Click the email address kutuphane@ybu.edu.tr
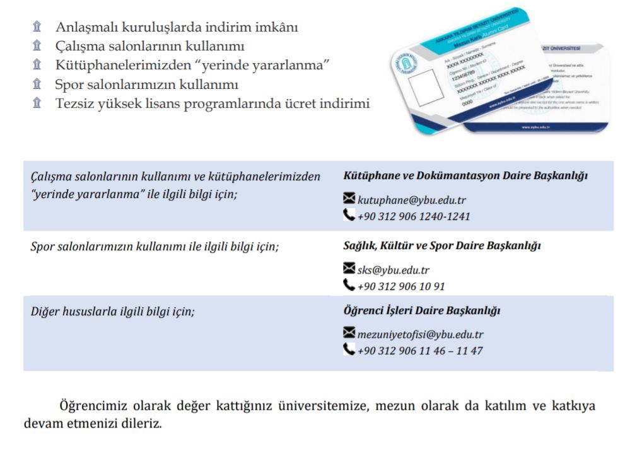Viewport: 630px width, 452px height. [x=412, y=200]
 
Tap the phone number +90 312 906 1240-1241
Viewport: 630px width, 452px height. [x=413, y=216]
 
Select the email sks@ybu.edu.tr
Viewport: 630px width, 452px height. [x=394, y=270]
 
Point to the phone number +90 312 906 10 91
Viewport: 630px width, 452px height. [x=401, y=286]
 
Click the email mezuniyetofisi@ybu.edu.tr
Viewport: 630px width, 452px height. [x=420, y=334]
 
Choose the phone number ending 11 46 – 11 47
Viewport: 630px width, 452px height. [x=420, y=350]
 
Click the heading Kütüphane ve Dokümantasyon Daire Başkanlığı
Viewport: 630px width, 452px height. [x=465, y=175]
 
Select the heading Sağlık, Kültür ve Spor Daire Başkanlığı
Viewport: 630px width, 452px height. [x=441, y=245]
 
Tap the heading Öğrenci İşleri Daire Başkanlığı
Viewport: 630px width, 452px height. [x=421, y=310]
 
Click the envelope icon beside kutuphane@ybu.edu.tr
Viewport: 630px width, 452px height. [x=349, y=199]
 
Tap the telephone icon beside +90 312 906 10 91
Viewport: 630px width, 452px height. [x=349, y=286]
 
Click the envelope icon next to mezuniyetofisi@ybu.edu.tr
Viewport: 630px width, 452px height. [x=349, y=333]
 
